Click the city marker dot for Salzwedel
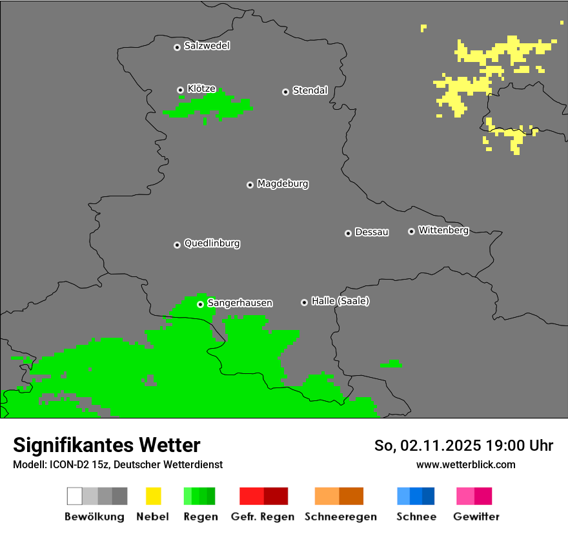[x=177, y=47]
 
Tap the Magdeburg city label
[x=282, y=184]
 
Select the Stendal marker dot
[x=285, y=92]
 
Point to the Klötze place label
[x=201, y=88]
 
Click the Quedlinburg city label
[x=212, y=243]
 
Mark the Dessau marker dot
[x=348, y=233]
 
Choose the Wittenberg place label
[x=443, y=230]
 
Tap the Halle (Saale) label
[x=340, y=301]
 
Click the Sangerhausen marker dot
[x=200, y=304]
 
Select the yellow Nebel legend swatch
[x=153, y=496]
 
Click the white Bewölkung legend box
[x=75, y=496]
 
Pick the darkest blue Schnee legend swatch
[x=429, y=496]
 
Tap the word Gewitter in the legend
[x=476, y=517]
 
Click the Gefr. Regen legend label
[x=262, y=517]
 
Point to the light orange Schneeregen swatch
[x=327, y=496]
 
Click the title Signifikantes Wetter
[x=107, y=445]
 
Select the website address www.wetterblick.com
[x=465, y=464]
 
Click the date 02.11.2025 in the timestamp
[x=440, y=446]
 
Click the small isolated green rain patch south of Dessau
[x=391, y=365]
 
